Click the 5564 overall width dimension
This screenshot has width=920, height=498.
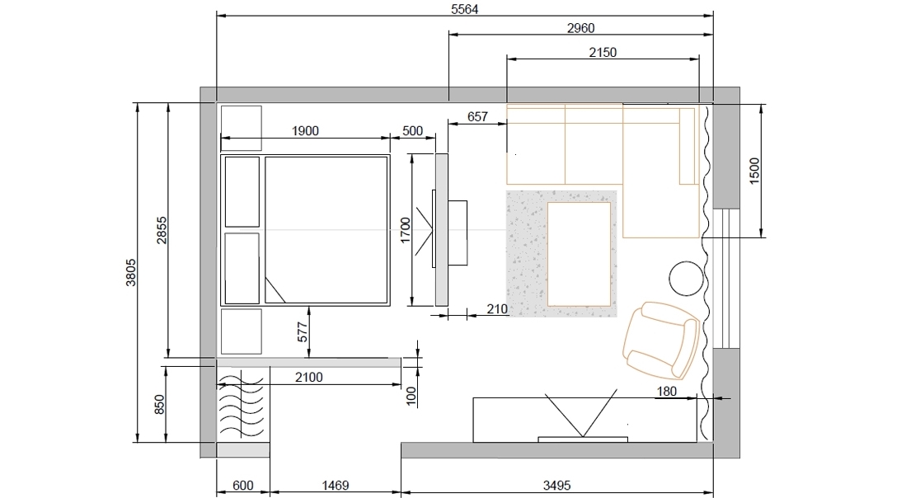pyautogui.click(x=464, y=9)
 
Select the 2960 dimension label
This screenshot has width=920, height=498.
pyautogui.click(x=580, y=27)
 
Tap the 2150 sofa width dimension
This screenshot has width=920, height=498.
pyautogui.click(x=603, y=52)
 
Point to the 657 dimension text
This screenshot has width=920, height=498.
pyautogui.click(x=477, y=117)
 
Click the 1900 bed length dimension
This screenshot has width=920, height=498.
pyautogui.click(x=305, y=131)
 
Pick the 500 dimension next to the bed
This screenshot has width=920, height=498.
pyautogui.click(x=412, y=131)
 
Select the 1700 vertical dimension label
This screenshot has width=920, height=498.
pyautogui.click(x=405, y=231)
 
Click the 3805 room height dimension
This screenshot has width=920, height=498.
pyautogui.click(x=131, y=273)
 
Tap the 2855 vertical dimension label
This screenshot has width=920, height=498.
pyautogui.click(x=162, y=231)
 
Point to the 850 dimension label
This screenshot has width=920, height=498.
pyautogui.click(x=159, y=405)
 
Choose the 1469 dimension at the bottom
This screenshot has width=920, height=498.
pyautogui.click(x=335, y=485)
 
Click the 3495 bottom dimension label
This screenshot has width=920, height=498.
pyautogui.click(x=556, y=485)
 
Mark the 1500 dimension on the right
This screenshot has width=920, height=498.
pyautogui.click(x=754, y=171)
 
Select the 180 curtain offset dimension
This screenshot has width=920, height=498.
pyautogui.click(x=667, y=391)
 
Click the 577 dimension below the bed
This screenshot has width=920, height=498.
pyautogui.click(x=303, y=332)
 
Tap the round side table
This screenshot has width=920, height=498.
pyautogui.click(x=687, y=278)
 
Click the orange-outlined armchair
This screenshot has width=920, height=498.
pyautogui.click(x=660, y=341)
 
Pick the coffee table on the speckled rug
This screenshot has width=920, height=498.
pyautogui.click(x=579, y=254)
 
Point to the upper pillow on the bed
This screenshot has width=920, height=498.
pyautogui.click(x=242, y=192)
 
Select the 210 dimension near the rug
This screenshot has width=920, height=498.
pyautogui.click(x=497, y=308)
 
